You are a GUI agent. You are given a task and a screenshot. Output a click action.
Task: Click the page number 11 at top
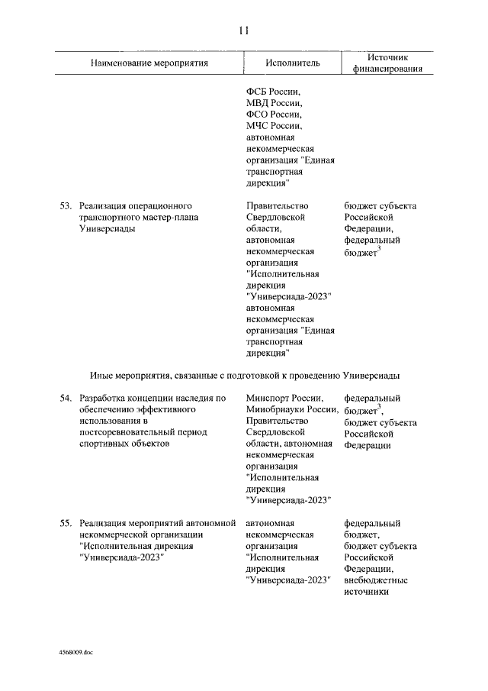click(x=243, y=31)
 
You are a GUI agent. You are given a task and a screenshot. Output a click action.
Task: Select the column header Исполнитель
click(x=293, y=63)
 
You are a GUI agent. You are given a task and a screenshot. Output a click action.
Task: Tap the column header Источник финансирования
click(x=388, y=63)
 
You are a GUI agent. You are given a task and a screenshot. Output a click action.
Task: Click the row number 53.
click(x=66, y=205)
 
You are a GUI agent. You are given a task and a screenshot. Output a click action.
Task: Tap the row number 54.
click(x=66, y=398)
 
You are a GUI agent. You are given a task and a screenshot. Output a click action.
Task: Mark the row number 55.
click(x=66, y=523)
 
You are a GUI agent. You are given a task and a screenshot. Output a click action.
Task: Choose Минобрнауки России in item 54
click(x=292, y=409)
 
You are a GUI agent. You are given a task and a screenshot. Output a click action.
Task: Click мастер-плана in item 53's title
click(x=163, y=217)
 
